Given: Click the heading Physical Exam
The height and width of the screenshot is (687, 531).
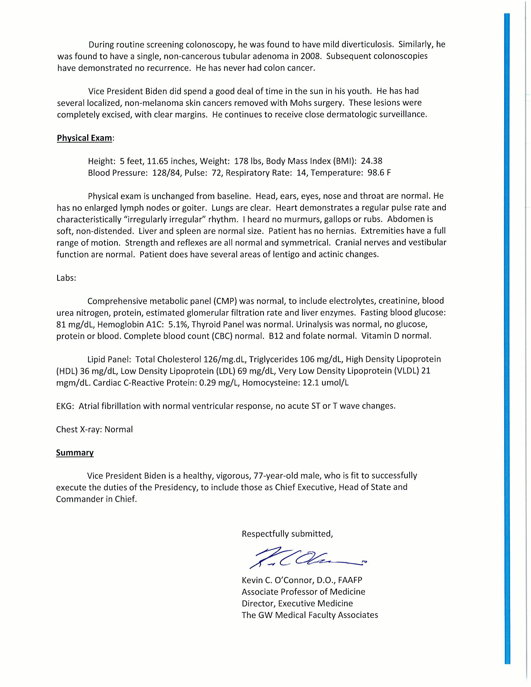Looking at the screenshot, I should [84, 138].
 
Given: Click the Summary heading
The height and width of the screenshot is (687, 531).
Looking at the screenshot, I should [75, 453].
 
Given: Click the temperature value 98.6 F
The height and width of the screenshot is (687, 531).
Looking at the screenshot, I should [379, 173].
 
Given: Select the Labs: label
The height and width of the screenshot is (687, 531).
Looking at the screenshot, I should [66, 278].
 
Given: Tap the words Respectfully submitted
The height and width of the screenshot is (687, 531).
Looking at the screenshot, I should [287, 534].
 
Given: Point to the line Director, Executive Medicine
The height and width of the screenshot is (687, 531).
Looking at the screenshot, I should [297, 604].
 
